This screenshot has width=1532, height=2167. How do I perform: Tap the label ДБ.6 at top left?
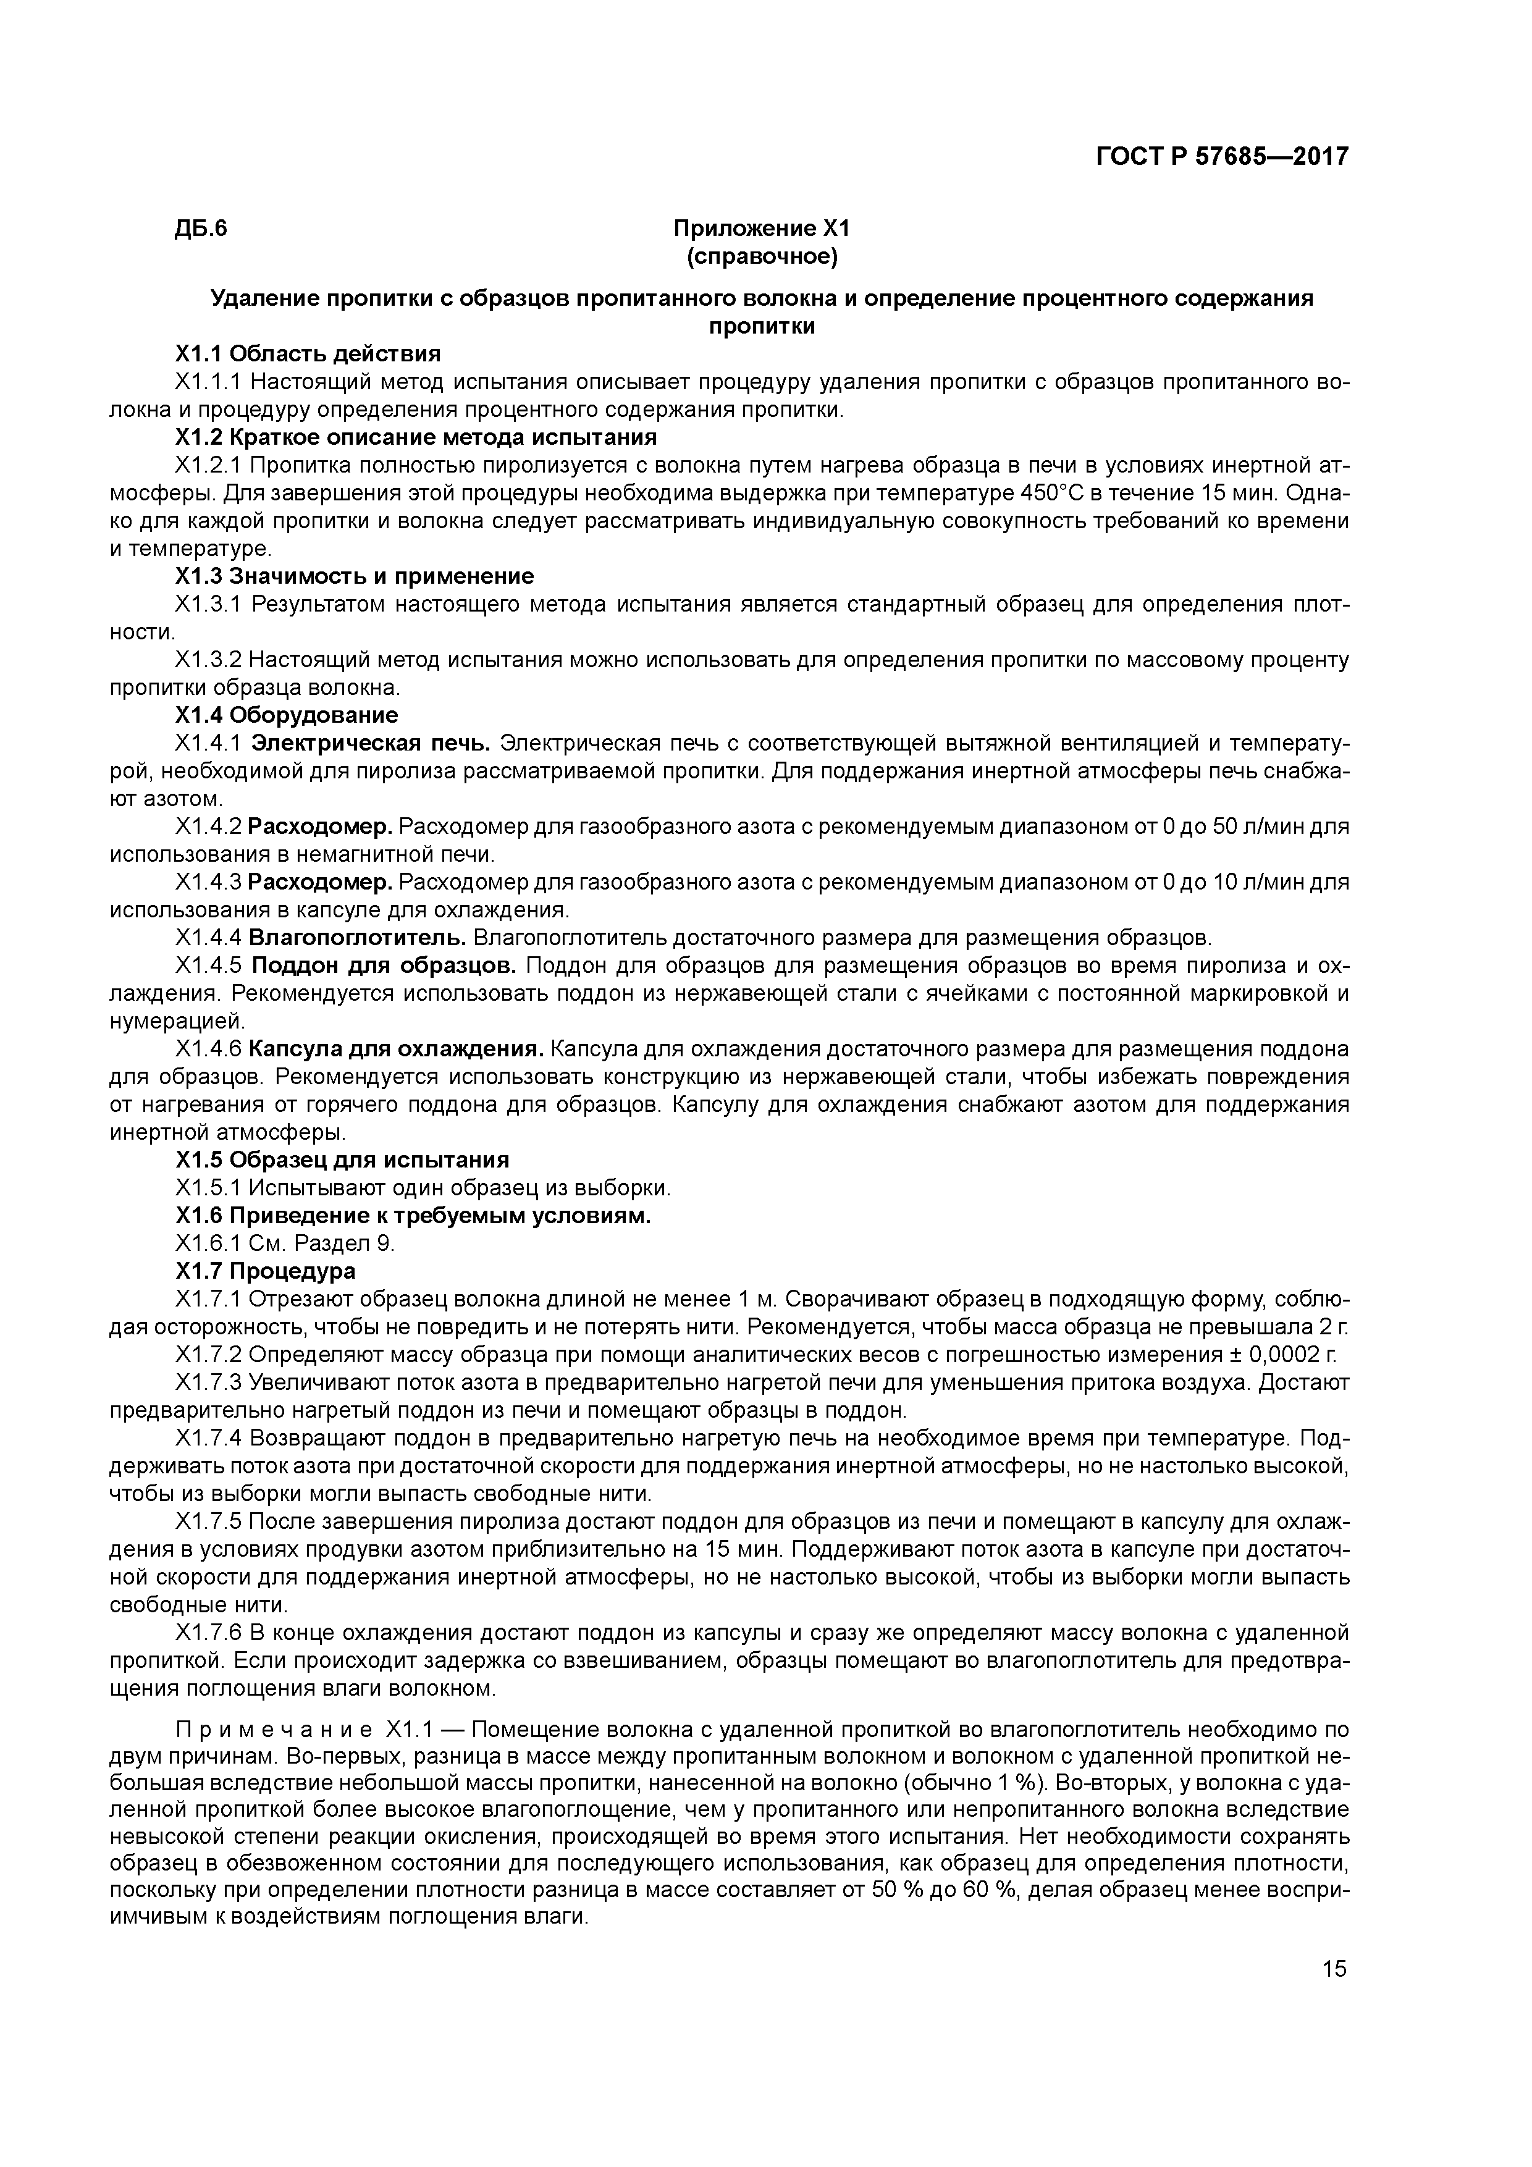(201, 229)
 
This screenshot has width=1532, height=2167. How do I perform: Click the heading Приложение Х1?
(763, 229)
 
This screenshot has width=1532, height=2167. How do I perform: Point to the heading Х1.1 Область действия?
(308, 354)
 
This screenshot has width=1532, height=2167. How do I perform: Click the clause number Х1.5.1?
(209, 1187)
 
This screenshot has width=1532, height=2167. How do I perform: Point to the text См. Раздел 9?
(321, 1243)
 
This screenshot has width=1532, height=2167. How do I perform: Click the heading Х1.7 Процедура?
(266, 1271)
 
